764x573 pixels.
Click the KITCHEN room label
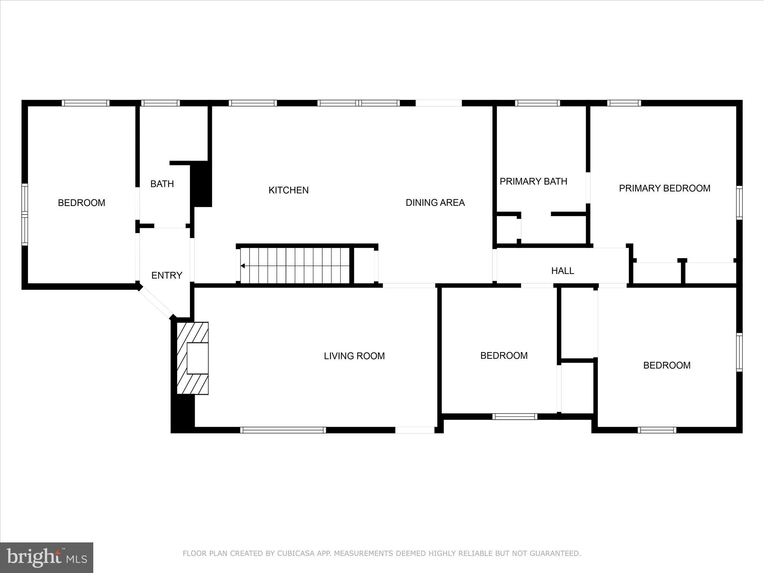288,190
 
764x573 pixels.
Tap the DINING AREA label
435,203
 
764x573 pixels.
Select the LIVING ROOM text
354,356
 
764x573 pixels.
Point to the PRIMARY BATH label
533,181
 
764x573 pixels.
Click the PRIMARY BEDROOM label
664,188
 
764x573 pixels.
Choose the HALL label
563,271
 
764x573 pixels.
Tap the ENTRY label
167,275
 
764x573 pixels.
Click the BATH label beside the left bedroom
162,184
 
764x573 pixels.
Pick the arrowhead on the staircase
242,266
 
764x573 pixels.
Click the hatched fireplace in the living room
192,358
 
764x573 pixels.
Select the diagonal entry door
156,303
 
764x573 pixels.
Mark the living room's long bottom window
283,430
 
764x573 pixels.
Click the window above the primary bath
537,103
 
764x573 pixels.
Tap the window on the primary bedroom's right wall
739,203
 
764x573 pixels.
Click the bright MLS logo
47,557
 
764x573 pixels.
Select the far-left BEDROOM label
81,203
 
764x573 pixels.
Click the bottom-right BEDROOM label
667,365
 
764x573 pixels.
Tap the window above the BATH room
160,103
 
